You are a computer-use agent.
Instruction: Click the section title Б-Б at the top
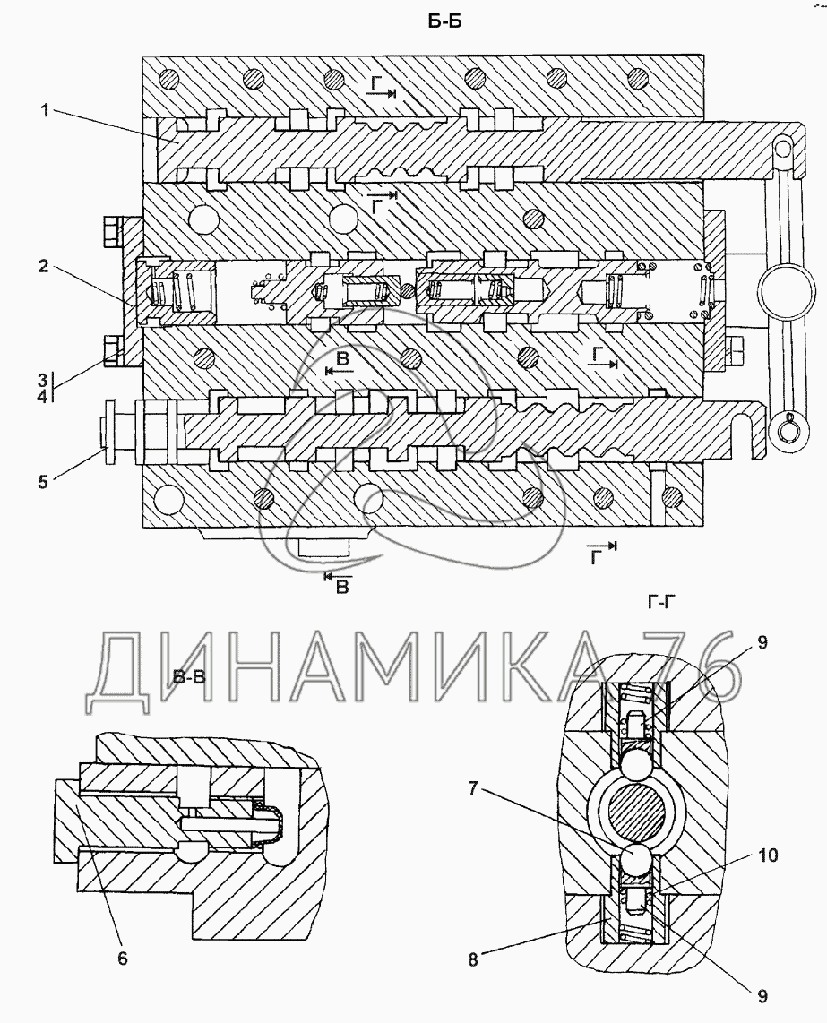[x=444, y=21]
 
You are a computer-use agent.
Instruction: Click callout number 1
[x=45, y=111]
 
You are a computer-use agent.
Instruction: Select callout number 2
[x=43, y=266]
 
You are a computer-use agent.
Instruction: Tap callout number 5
[x=43, y=481]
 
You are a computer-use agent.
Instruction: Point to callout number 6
[x=123, y=958]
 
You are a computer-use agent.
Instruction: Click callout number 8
[x=472, y=959]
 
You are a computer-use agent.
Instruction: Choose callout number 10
[x=768, y=855]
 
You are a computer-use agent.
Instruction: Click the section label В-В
[x=189, y=676]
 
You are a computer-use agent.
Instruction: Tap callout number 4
[x=42, y=395]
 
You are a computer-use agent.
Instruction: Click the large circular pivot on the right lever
[x=786, y=288]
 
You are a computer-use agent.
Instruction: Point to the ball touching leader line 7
[x=634, y=860]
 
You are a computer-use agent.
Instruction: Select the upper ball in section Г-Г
[x=633, y=762]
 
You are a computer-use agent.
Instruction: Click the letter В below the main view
[x=342, y=587]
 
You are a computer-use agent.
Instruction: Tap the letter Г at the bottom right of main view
[x=596, y=556]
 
